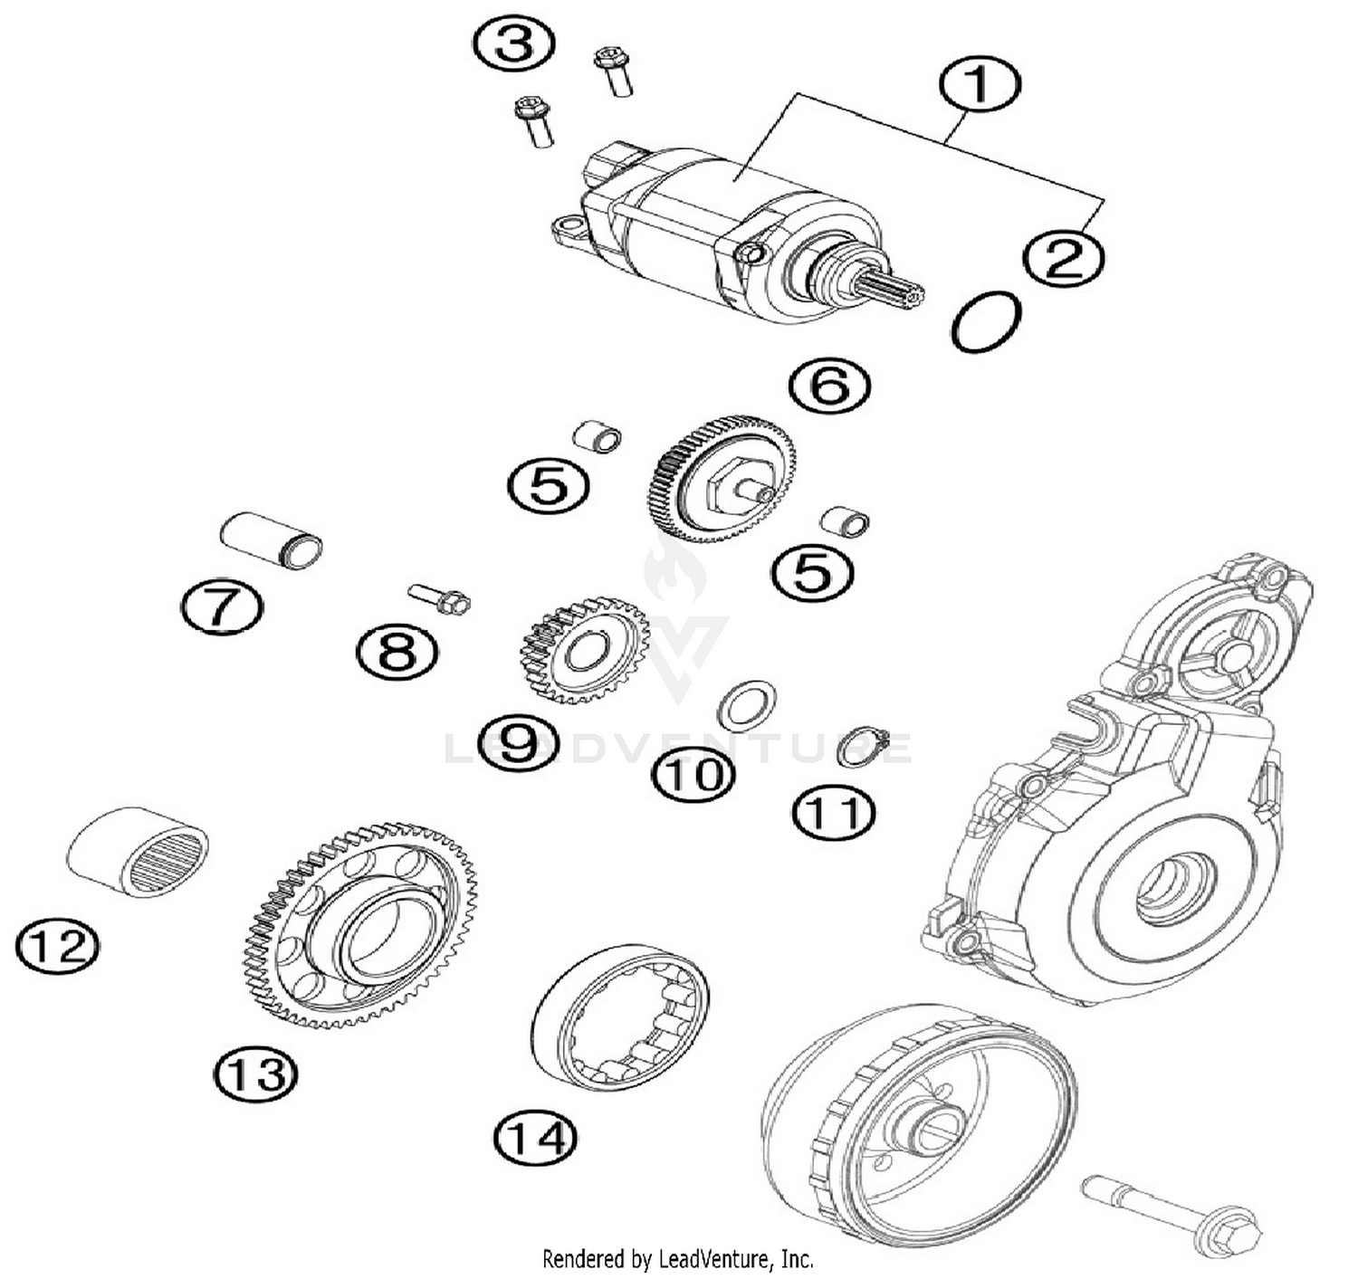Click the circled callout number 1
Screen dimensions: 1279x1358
pyautogui.click(x=980, y=84)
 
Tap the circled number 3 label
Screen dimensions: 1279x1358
pyautogui.click(x=514, y=43)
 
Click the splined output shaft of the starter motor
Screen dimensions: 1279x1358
pyautogui.click(x=891, y=288)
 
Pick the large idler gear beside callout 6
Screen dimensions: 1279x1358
pyautogui.click(x=722, y=477)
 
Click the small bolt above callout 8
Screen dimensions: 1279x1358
pyautogui.click(x=441, y=598)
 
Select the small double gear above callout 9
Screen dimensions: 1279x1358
pyautogui.click(x=573, y=648)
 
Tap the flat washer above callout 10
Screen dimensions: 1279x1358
pyautogui.click(x=747, y=705)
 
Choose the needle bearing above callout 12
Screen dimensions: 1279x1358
pyautogui.click(x=139, y=850)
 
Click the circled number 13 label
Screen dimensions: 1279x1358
pyautogui.click(x=255, y=1074)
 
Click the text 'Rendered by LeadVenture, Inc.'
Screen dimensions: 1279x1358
pyautogui.click(x=677, y=1259)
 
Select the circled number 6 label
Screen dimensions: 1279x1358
pyautogui.click(x=829, y=387)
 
